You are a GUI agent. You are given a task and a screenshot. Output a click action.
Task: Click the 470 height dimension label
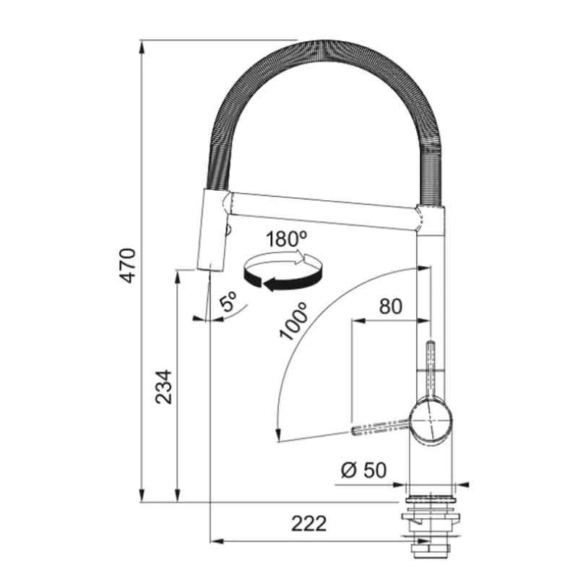point(129,265)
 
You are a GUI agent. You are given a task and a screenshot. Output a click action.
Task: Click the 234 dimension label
point(163,387)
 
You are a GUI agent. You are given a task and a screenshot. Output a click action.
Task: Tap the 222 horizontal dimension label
point(309,523)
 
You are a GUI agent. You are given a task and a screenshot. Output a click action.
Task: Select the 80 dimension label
point(391,306)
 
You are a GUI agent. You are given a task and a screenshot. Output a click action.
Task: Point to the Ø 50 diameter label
point(364,470)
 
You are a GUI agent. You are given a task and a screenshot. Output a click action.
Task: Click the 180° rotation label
point(286,239)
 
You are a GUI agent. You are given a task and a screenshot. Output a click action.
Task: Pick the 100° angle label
point(294,321)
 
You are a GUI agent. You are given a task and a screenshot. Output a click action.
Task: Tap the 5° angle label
point(228,301)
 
